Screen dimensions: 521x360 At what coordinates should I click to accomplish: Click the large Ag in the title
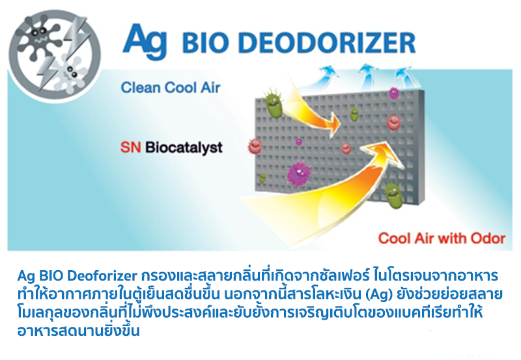coord(145,41)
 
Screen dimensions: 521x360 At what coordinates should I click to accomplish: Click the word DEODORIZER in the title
coord(327,43)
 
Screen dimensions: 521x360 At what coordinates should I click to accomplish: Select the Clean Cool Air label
coord(171,87)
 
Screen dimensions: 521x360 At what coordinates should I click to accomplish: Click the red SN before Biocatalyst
coord(131,147)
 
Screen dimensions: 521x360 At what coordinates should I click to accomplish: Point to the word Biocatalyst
coord(184,148)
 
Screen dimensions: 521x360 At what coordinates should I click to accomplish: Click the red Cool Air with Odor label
coord(442,238)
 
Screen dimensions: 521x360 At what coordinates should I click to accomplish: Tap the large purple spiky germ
coord(299,173)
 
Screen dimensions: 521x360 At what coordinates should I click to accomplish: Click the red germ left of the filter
coord(255,146)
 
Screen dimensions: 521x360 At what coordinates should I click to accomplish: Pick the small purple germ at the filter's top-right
coord(394,93)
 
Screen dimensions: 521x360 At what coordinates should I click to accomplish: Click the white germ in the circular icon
coord(71,74)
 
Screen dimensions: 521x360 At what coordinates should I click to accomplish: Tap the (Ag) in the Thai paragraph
coord(376,294)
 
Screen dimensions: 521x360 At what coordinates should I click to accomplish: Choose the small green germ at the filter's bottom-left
coord(263,178)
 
